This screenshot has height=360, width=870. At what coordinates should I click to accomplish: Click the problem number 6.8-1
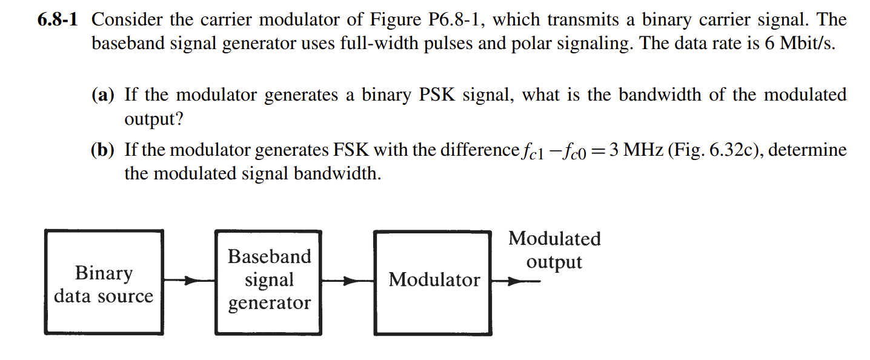58,20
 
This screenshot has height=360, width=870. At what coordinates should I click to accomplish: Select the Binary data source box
104,282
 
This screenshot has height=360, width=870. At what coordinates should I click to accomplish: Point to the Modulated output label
554,250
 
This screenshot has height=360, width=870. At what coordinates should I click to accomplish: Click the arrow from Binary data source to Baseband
189,281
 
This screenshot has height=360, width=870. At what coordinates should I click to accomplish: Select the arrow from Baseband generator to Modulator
347,281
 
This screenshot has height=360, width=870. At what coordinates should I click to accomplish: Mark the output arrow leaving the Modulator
515,281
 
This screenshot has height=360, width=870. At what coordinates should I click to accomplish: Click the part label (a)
103,95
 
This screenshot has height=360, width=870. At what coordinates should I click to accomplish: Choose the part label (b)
103,150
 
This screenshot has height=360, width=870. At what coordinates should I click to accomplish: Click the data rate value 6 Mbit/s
799,45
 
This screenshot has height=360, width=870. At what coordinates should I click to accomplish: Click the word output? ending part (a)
153,119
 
